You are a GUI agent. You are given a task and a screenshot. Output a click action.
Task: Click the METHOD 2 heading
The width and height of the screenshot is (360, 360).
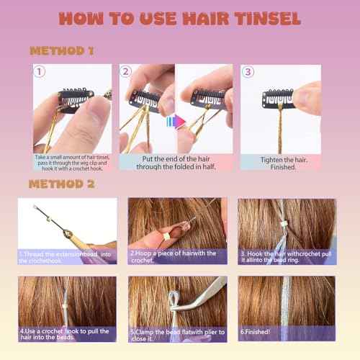pos(62,184)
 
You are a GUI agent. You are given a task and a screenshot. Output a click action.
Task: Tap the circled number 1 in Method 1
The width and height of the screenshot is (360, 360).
pos(40,73)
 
